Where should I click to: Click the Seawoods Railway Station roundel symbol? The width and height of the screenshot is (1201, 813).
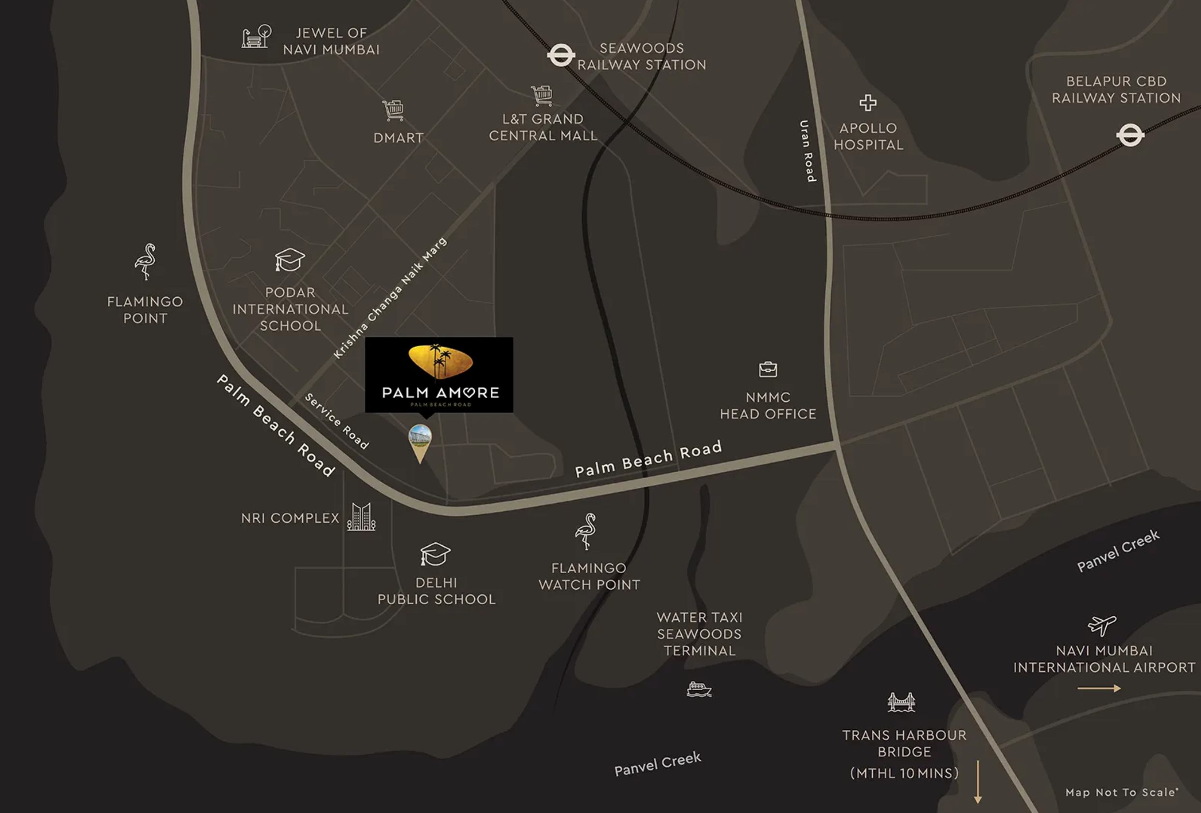pos(561,55)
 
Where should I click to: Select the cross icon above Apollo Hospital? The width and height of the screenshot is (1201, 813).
pos(868,103)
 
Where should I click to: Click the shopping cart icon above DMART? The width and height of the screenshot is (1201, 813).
pos(393,110)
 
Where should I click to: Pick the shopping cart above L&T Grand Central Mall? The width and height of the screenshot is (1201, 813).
pos(542,95)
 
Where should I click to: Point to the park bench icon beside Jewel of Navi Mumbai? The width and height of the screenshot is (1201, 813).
pos(256,37)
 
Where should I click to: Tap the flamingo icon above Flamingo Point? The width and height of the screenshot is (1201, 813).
pos(145,261)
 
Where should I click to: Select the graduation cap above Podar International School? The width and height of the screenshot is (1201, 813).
pos(290,259)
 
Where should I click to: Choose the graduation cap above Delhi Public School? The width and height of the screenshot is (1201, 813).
pos(435,554)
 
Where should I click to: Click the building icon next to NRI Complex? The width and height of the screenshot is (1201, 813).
pos(361,517)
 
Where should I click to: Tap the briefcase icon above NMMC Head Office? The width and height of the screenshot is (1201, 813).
pos(768,369)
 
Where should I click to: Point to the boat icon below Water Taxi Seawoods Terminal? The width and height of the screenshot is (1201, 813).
pos(699,689)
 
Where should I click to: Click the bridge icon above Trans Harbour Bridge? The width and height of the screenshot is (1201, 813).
pos(901,702)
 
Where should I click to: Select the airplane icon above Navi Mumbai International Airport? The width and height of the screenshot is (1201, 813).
pos(1102,625)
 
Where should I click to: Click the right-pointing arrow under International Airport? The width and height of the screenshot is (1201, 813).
pos(1098,688)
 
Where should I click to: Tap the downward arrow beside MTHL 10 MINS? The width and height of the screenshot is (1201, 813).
pos(978,782)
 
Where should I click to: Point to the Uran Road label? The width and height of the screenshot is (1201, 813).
pos(808,151)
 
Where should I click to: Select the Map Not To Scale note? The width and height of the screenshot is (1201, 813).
pos(1122,792)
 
